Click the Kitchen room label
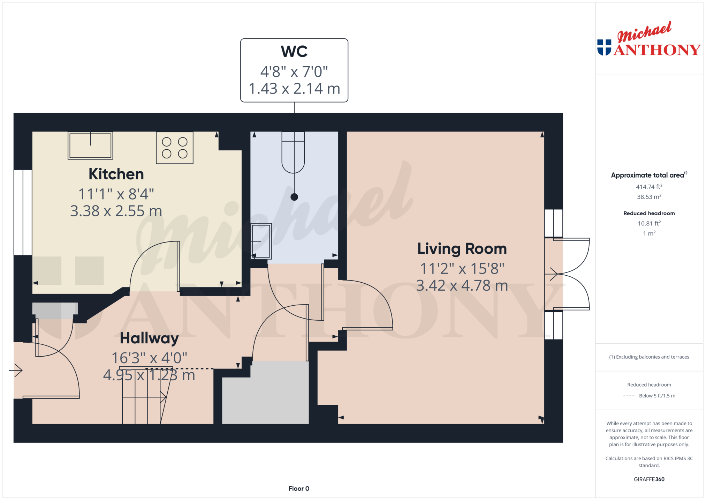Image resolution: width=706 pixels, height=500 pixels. coord(116,174)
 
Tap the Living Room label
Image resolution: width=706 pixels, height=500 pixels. coord(462,249)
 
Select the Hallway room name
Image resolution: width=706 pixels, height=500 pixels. coord(149,338)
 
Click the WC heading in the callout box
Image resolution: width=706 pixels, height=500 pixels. coord(294,52)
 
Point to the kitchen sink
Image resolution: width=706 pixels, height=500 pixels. coord(90,145)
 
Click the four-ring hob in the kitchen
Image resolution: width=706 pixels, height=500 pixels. coord(175,148)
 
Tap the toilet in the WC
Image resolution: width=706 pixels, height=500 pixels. coord(293,152)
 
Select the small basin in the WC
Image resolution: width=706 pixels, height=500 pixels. coord(261,241)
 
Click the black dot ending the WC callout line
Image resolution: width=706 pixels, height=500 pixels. coord(294,197)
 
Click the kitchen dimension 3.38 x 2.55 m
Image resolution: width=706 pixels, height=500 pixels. coord(116,211)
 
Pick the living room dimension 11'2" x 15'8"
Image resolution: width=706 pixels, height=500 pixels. coord(462,269)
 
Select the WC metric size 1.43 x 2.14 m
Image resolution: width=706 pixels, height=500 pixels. coord(294,89)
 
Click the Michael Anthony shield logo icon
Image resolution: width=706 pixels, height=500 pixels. coord(604,47)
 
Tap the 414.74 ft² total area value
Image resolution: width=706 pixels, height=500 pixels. coord(649,187)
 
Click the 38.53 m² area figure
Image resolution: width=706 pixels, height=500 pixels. coord(649,197)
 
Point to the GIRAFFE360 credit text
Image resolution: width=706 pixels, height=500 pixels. coord(649,479)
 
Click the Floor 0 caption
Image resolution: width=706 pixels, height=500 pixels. coord(299,488)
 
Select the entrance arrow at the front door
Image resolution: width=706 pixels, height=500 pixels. coord(16,370)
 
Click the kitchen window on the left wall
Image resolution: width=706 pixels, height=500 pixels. coord(23,212)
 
